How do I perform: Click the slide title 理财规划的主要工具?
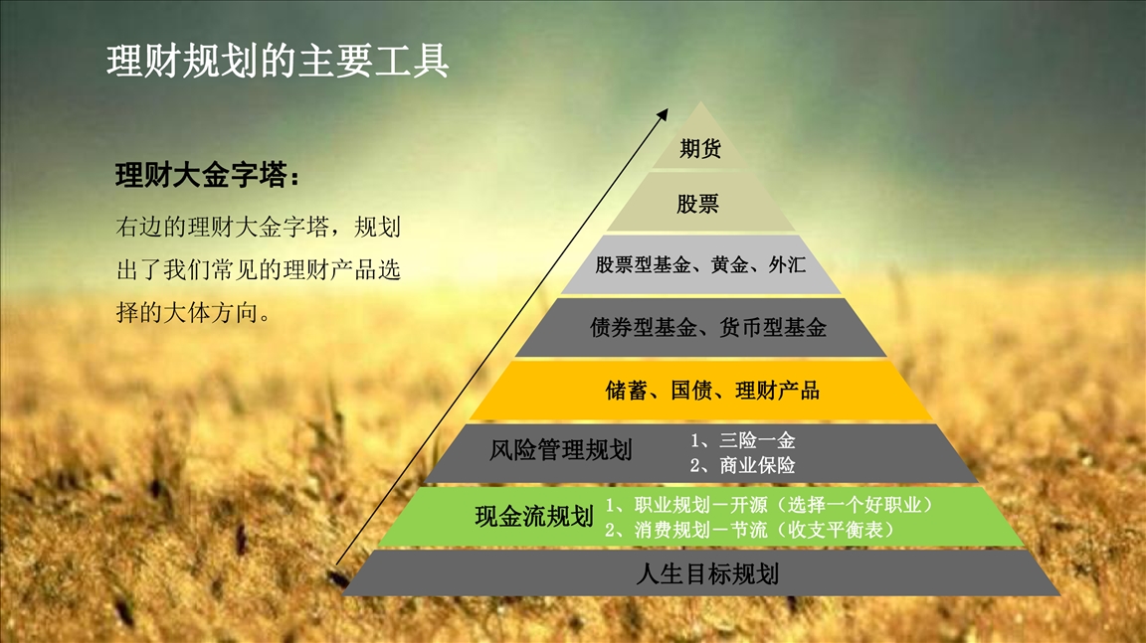(x=278, y=61)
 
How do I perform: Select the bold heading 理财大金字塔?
(x=202, y=175)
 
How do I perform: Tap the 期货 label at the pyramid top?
(x=700, y=148)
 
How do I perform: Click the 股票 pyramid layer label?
(x=697, y=204)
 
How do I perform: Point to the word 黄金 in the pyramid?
(x=729, y=265)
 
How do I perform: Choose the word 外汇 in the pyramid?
(x=787, y=265)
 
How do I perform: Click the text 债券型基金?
(x=644, y=328)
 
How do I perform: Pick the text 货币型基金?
(x=773, y=328)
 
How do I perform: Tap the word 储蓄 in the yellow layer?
(x=627, y=391)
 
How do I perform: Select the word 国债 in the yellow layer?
(x=691, y=391)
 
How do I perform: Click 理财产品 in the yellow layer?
(x=777, y=391)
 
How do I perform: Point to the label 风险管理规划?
(x=561, y=450)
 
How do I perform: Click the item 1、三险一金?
(x=742, y=440)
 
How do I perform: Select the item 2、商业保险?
(x=742, y=465)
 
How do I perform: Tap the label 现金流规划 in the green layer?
(x=534, y=517)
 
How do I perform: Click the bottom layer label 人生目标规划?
(x=707, y=574)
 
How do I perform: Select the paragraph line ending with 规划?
(x=259, y=227)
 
